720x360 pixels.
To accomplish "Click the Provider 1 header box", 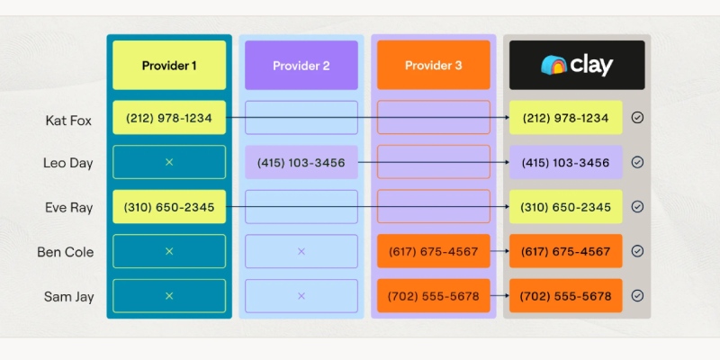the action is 169,65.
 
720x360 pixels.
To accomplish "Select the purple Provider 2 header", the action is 301,65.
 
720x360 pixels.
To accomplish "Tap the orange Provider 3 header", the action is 434,65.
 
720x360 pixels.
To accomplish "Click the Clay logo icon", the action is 553,65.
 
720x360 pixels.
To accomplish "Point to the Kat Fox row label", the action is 68,121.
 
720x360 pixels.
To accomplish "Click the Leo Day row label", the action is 68,163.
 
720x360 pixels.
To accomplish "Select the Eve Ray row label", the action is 69,208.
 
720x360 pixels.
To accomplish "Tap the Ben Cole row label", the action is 66,252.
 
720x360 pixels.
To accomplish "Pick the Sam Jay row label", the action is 69,297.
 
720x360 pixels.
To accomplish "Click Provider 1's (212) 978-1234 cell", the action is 169,118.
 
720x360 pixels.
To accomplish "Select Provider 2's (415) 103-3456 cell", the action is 301,162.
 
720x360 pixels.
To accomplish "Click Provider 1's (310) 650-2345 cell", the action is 169,207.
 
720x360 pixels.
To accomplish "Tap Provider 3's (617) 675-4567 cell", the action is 434,251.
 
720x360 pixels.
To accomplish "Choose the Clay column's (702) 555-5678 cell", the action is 566,296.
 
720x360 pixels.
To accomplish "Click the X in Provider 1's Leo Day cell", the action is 169,162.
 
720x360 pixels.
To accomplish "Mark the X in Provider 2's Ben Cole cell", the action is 301,251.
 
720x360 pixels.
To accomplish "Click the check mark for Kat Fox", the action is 637,118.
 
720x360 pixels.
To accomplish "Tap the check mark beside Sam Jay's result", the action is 637,296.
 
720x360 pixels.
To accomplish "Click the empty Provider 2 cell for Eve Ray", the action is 301,207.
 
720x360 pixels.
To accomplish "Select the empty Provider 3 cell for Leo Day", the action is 434,162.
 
